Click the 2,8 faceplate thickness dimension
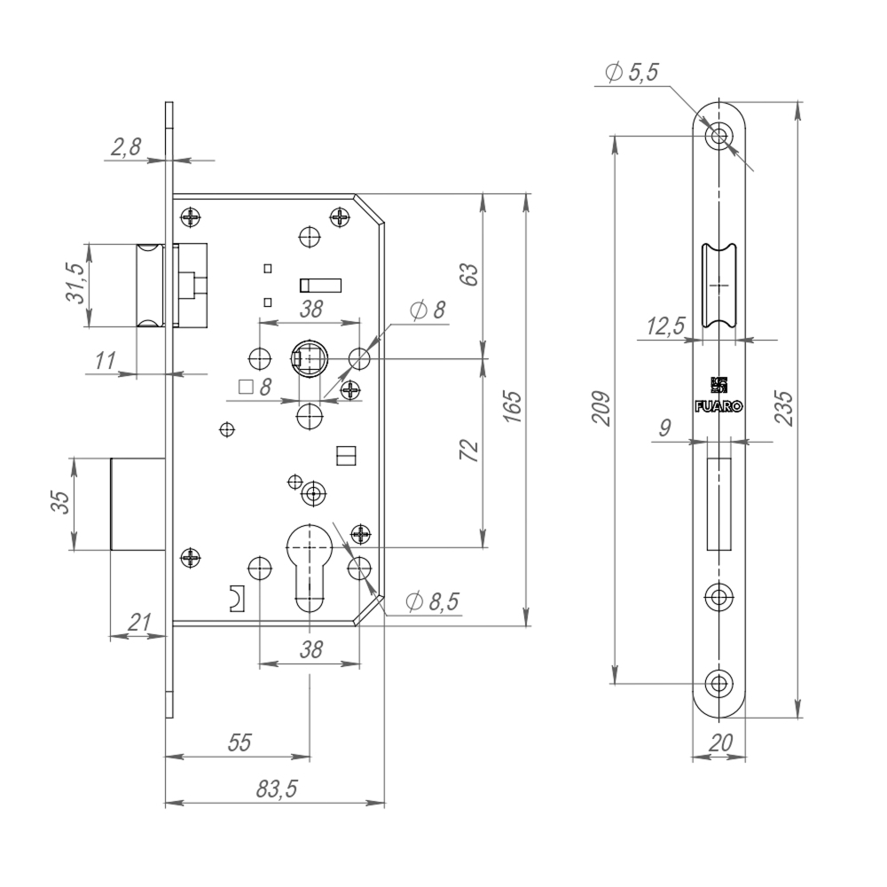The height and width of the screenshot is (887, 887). [x=125, y=148]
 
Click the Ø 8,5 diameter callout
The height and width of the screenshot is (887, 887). [x=432, y=602]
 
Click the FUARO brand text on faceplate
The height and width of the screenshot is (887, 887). [x=718, y=406]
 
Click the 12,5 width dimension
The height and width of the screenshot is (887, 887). [x=664, y=326]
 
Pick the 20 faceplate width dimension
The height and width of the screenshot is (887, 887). [x=719, y=743]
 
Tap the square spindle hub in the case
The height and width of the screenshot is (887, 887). [x=310, y=359]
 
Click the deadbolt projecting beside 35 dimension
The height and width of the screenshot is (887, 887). [x=137, y=504]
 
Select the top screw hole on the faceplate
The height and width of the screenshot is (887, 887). [x=719, y=137]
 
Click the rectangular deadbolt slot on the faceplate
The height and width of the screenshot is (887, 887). [x=718, y=503]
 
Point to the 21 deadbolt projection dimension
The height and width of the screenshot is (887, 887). [x=138, y=623]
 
